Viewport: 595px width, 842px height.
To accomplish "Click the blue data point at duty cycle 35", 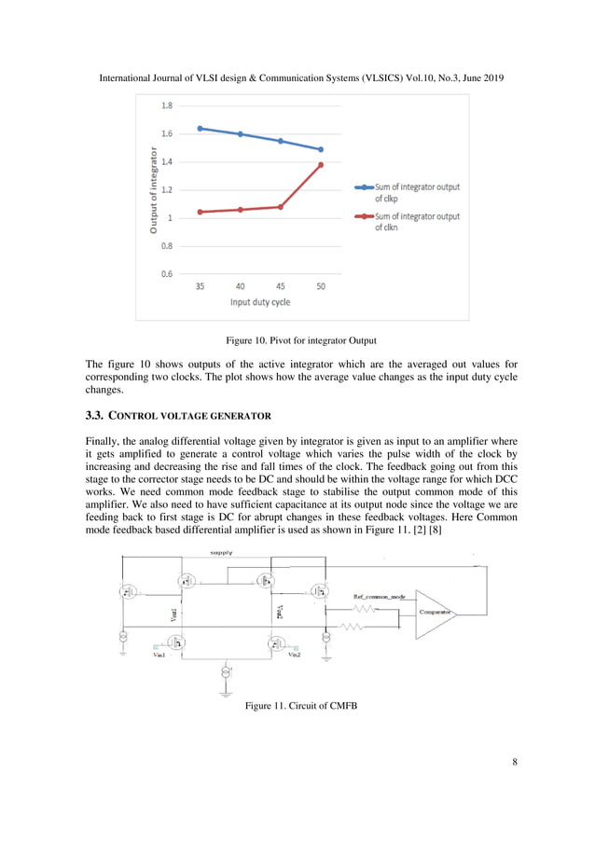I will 201,129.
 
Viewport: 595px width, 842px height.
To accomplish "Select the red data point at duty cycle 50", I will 320,165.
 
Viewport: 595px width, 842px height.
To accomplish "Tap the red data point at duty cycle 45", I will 281,207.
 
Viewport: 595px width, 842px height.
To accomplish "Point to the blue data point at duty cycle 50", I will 320,149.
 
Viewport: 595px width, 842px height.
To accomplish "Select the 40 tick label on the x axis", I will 241,287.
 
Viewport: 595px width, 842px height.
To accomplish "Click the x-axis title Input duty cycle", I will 260,303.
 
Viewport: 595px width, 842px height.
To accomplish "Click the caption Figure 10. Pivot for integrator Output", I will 297,339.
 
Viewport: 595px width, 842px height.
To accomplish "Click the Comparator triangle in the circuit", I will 435,613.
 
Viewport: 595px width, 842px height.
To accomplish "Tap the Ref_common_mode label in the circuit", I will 379,593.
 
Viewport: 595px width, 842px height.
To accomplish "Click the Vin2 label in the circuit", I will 294,656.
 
